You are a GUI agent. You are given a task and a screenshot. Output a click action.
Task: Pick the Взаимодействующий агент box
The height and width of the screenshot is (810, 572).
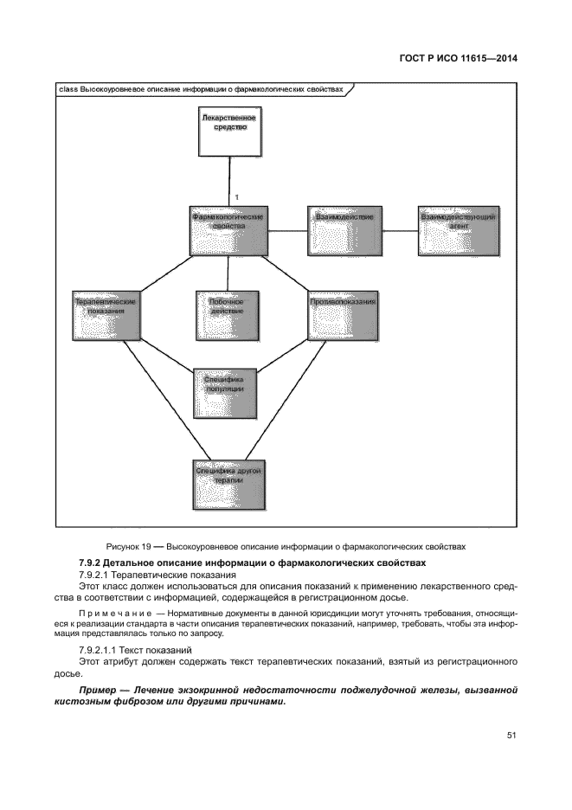459,231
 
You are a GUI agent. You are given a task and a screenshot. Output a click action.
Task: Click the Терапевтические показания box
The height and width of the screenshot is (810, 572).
108,315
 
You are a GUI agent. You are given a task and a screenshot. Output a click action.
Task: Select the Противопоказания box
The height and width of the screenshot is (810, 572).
344,315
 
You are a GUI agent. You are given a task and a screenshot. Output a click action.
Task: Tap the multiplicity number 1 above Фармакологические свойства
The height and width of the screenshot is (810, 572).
236,198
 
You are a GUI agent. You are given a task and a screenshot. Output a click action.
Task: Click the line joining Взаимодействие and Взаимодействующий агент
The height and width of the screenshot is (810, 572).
399,231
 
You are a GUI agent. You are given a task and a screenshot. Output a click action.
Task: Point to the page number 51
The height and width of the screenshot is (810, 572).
511,736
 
